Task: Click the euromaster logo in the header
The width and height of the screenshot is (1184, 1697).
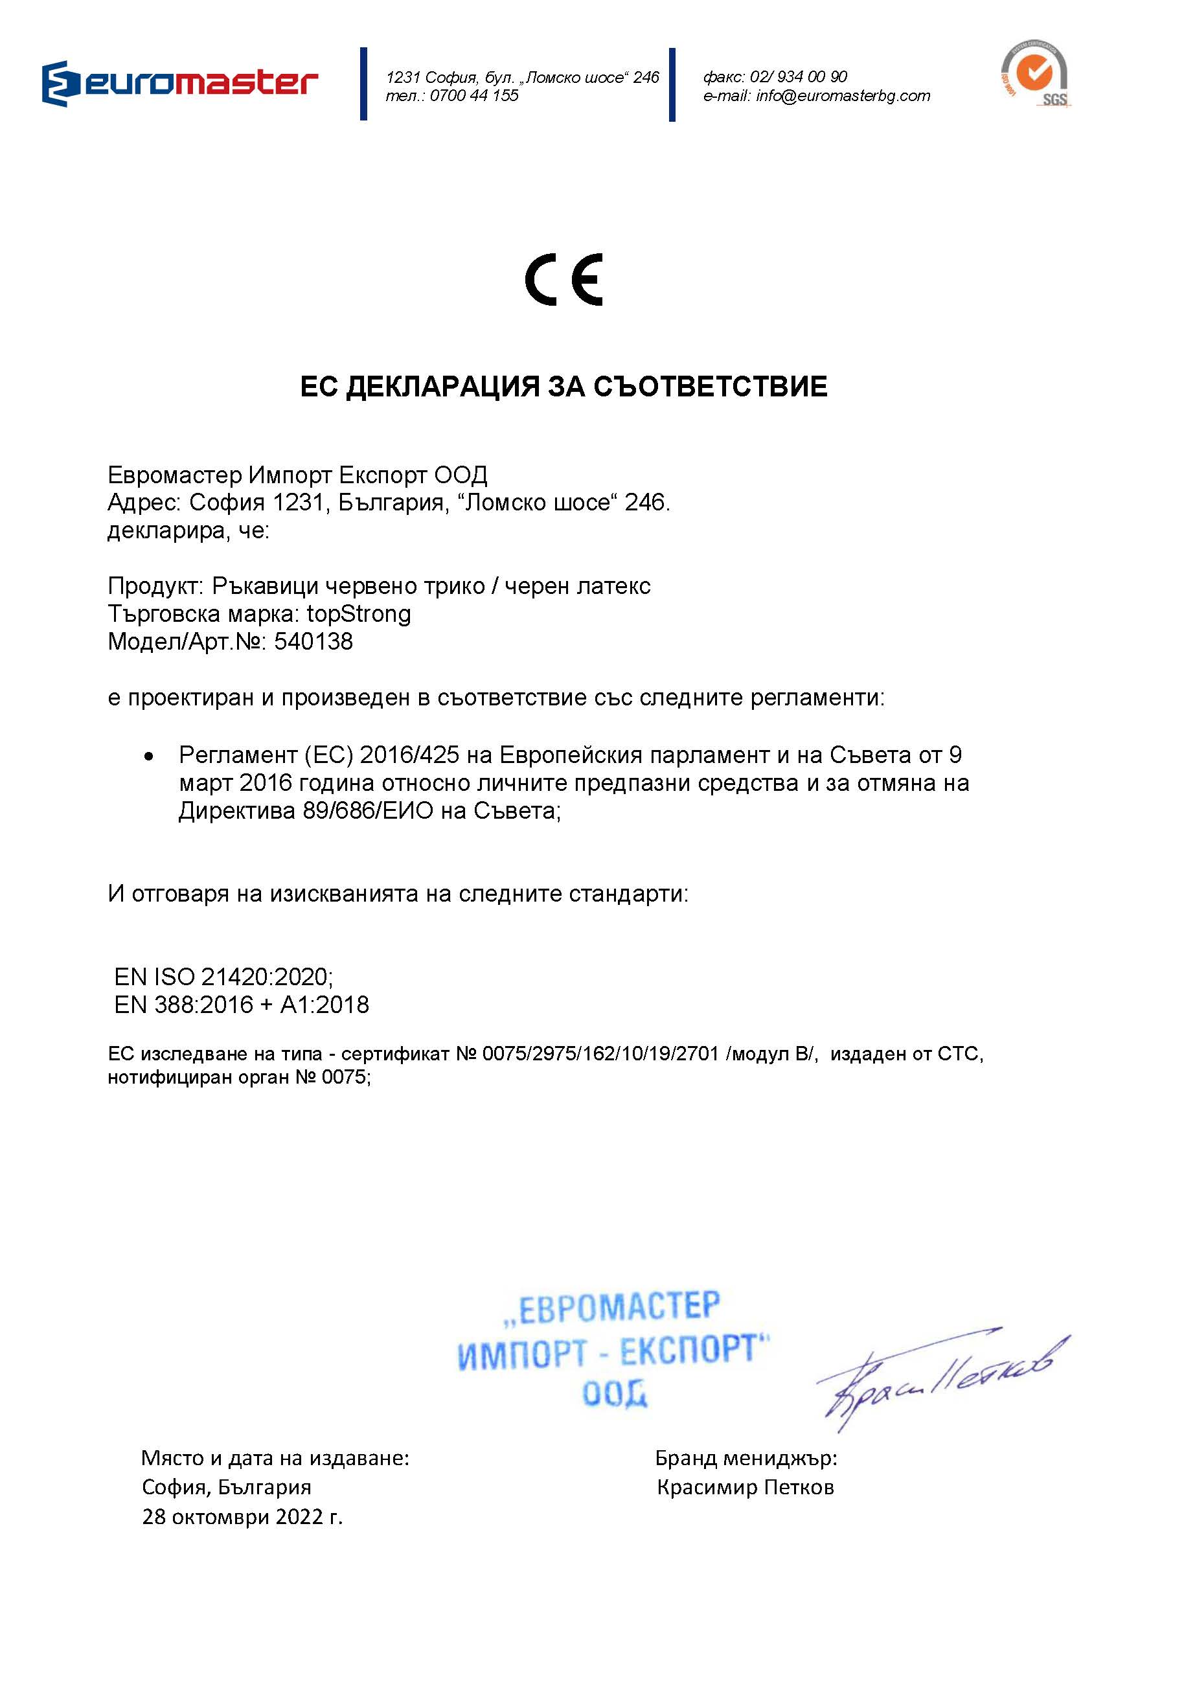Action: tap(179, 83)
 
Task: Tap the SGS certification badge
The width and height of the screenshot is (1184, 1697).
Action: tap(1036, 74)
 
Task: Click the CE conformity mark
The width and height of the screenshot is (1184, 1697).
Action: tap(564, 279)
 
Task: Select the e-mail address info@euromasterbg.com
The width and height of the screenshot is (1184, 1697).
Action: tap(843, 96)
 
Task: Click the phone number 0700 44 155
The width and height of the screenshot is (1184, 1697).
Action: tap(473, 96)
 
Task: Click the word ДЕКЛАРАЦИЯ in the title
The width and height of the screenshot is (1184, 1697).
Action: tap(442, 387)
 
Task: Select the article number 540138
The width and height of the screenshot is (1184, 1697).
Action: tap(313, 641)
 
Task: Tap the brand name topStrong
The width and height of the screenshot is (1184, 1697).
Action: tap(359, 614)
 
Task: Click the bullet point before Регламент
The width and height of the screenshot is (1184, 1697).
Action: tap(149, 756)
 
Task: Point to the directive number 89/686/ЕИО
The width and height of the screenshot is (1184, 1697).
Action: tap(367, 812)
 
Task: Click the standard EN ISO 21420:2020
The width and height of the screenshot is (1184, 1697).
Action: tap(223, 977)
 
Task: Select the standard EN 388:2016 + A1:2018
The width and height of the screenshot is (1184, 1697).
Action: tap(241, 1005)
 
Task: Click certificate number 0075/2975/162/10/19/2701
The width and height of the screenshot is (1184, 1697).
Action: tap(600, 1054)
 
